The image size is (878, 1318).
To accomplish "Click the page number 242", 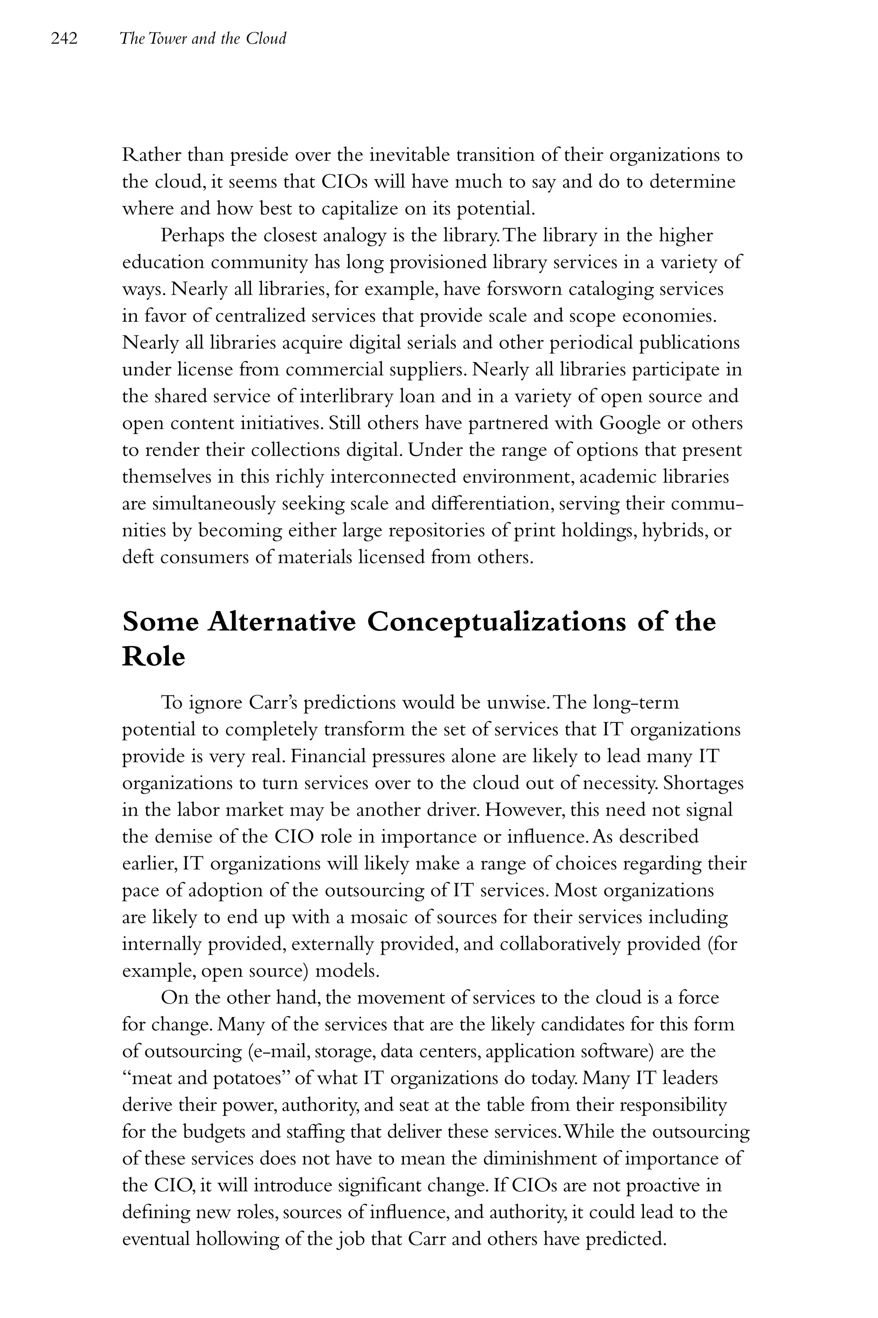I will point(64,39).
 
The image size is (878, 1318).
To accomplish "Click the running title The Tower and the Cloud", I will point(203,39).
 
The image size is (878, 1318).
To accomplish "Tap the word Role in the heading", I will point(153,656).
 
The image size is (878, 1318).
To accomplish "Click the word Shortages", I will point(703,783).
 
